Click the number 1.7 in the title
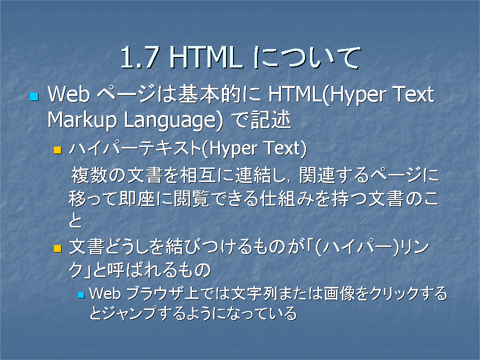(x=139, y=57)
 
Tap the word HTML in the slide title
(x=205, y=57)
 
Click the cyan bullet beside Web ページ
(x=34, y=96)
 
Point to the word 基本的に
(x=219, y=94)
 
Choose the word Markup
(x=82, y=120)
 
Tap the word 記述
(x=270, y=119)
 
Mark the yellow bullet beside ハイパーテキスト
(x=57, y=150)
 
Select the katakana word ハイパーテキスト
(x=134, y=148)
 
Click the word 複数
(x=89, y=175)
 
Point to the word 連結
(x=253, y=175)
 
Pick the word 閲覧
(x=191, y=198)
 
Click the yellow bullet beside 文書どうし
(x=57, y=248)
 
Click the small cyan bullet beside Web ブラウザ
(x=81, y=295)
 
